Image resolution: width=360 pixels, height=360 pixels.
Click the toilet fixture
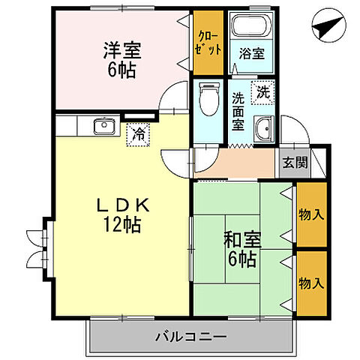pos(208,98)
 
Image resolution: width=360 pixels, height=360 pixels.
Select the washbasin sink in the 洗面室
pos(263,128)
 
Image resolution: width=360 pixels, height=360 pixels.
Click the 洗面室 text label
pos(238,109)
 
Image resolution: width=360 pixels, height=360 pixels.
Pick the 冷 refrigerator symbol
pos(139,134)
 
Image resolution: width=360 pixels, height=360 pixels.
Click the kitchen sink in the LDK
pos(103,126)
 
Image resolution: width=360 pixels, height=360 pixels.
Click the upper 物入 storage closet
pos(310,214)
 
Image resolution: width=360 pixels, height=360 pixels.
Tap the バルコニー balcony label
pos(191,337)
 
